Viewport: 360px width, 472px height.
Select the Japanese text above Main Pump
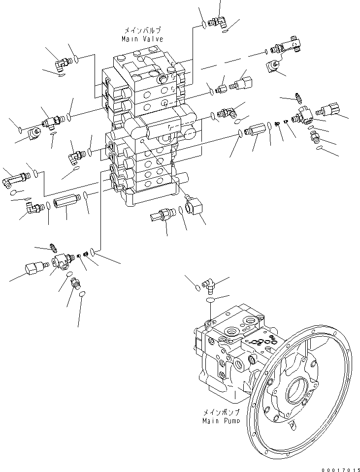pyautogui.click(x=221, y=412)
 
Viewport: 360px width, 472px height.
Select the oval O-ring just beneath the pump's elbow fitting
pyautogui.click(x=210, y=299)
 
